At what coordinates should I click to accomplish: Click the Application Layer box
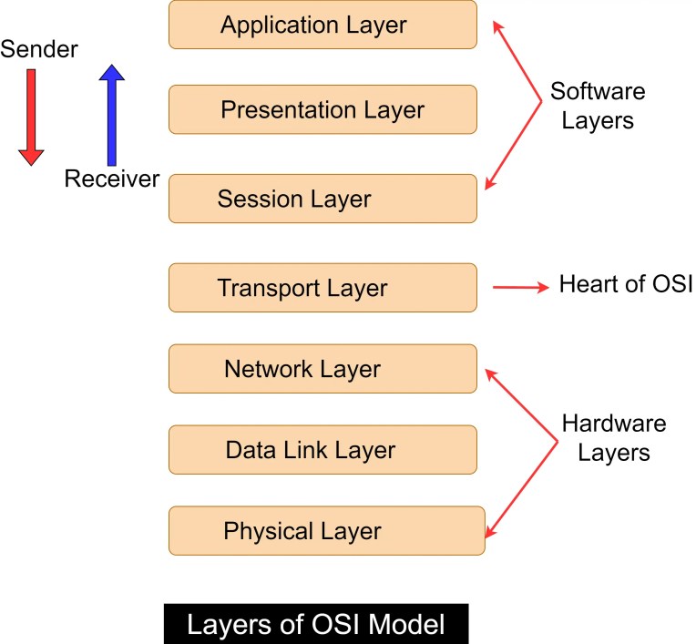[322, 25]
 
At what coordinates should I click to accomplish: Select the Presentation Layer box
[322, 110]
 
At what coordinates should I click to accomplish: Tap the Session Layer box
[322, 198]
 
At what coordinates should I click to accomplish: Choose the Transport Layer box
[322, 288]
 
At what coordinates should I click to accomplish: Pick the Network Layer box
[322, 369]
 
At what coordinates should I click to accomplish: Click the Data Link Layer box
[322, 449]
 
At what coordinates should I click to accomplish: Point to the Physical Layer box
[326, 530]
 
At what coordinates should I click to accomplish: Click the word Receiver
[111, 179]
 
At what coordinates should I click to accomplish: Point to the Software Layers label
[597, 106]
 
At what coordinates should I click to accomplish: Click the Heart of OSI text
[626, 285]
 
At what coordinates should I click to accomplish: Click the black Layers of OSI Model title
[315, 625]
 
